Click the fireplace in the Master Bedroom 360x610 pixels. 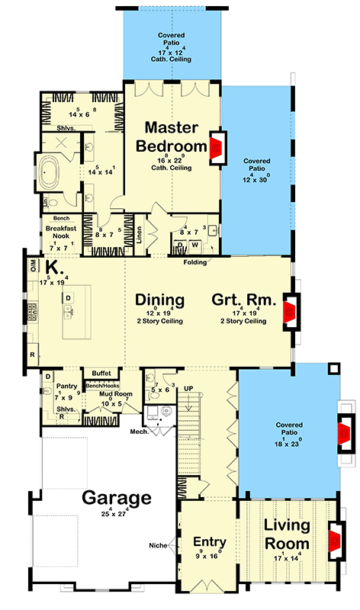coord(217,146)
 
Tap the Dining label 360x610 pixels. coord(160,299)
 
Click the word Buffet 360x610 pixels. coord(101,374)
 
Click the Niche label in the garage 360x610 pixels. coord(157,544)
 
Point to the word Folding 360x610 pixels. coord(197,262)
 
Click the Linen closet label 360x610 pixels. coord(140,230)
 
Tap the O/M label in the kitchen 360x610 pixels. coord(33,264)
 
